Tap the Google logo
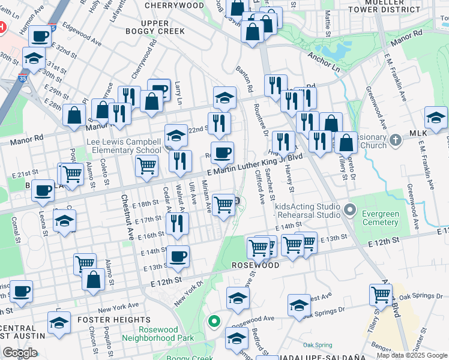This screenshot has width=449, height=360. [20, 353]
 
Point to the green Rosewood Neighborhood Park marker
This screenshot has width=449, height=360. [214, 321]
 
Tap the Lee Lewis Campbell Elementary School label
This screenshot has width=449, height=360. [124, 146]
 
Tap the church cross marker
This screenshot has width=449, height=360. [395, 140]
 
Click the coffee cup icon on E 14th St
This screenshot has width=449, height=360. [178, 257]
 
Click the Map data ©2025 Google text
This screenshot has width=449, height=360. [412, 355]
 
